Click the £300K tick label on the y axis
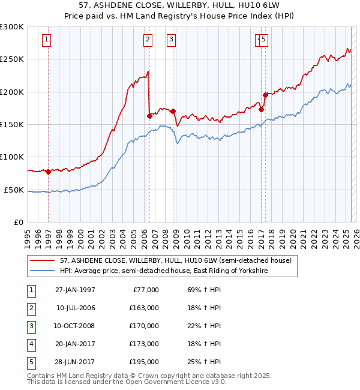(12, 27)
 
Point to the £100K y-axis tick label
(12, 157)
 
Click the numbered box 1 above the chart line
(47, 40)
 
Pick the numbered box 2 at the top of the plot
(148, 40)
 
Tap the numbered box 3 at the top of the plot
(171, 40)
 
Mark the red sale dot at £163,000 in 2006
(149, 116)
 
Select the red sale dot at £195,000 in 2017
(265, 95)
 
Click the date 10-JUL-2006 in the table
(76, 308)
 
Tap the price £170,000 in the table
(144, 326)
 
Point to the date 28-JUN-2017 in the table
(76, 362)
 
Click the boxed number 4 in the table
(30, 344)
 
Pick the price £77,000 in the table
(146, 290)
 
